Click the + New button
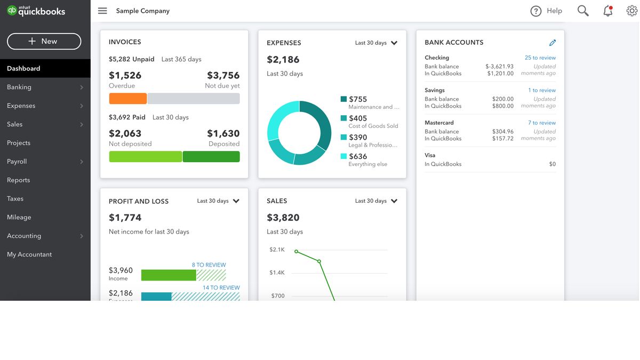coord(44,41)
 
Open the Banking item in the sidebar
coord(19,87)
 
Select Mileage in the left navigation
coord(19,217)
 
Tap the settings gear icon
coord(631,11)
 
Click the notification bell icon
coord(607,11)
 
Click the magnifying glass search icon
coord(583,11)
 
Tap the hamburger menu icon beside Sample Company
coord(102,11)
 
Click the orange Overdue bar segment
coord(127,99)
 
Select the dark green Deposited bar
coord(211,157)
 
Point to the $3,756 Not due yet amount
coord(223,75)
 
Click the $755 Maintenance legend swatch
coord(343,99)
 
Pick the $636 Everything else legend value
coord(358,156)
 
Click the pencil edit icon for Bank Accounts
coord(553,43)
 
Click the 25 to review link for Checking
coord(540,58)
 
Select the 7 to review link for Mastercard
coord(541,123)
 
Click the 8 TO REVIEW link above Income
coord(209,265)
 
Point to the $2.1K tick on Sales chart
coord(277,250)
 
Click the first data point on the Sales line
coord(297,252)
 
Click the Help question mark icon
coord(536,11)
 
